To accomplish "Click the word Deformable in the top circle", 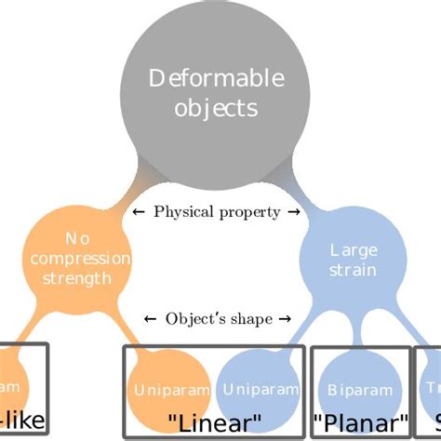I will (x=204, y=78).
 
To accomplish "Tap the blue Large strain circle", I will (x=353, y=260).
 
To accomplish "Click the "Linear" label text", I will (x=213, y=423).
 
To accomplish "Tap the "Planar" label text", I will (x=361, y=424).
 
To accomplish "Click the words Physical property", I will (x=217, y=211).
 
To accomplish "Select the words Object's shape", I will (x=219, y=319).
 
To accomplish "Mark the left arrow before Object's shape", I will (x=152, y=320).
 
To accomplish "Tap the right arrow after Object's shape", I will (x=286, y=320).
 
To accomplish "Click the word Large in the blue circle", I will (x=353, y=249).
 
